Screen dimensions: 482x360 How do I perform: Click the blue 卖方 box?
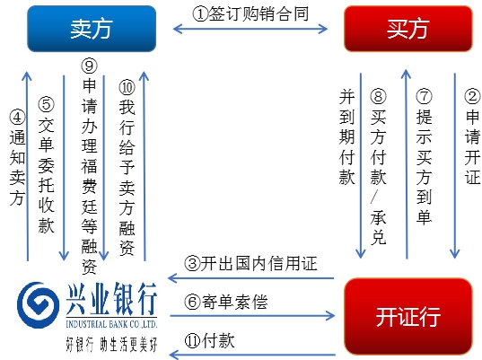click(92, 29)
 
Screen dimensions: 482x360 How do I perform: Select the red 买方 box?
click(408, 29)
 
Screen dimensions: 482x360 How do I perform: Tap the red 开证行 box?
click(408, 317)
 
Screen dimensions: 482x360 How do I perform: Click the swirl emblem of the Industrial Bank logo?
click(38, 304)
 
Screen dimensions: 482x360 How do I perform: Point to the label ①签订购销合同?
click(250, 13)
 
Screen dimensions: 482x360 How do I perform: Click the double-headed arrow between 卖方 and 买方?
click(250, 30)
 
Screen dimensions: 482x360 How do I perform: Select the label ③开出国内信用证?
click(250, 264)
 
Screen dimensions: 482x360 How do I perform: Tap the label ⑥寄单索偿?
click(226, 302)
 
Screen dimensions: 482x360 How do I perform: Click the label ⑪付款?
click(209, 340)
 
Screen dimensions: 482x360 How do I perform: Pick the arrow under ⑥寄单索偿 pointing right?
click(252, 316)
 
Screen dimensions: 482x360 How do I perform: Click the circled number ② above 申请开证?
click(472, 96)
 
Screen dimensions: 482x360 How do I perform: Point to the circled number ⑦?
click(424, 96)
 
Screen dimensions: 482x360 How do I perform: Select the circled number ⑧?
click(378, 96)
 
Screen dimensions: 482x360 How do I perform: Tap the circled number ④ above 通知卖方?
click(17, 117)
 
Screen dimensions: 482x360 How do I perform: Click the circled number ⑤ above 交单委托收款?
click(46, 104)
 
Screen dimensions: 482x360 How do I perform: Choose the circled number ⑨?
click(89, 66)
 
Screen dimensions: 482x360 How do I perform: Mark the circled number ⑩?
click(127, 87)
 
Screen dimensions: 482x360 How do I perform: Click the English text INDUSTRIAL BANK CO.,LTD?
click(111, 324)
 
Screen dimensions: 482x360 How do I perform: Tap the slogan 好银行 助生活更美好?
click(111, 344)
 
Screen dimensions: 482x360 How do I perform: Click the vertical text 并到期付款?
click(347, 136)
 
